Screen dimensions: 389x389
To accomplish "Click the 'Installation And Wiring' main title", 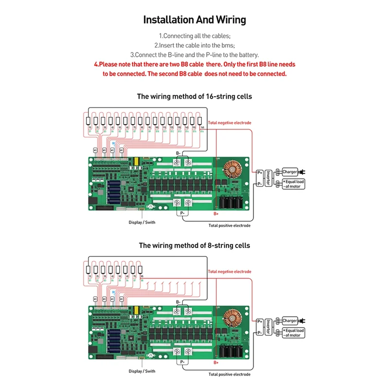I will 194,20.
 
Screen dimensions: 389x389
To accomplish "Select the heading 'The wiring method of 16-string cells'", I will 194,96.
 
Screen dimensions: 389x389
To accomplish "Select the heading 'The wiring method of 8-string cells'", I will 194,245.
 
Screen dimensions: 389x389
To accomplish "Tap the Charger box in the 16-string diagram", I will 290,172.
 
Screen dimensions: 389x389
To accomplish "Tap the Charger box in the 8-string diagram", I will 290,321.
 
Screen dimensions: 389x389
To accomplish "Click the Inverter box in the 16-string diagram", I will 267,177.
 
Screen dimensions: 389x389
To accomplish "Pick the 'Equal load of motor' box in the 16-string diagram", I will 293,184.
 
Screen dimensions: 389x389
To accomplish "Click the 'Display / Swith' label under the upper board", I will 142,222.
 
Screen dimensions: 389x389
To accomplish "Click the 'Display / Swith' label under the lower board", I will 142,371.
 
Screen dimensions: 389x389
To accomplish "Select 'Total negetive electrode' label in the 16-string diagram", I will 230,123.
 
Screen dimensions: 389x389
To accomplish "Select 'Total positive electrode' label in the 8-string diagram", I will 230,374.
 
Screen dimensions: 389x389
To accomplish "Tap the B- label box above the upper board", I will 178,153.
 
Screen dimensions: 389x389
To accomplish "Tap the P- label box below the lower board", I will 182,362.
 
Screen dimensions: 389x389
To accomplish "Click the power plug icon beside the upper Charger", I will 302,172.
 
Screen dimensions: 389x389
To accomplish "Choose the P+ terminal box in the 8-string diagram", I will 260,321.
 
